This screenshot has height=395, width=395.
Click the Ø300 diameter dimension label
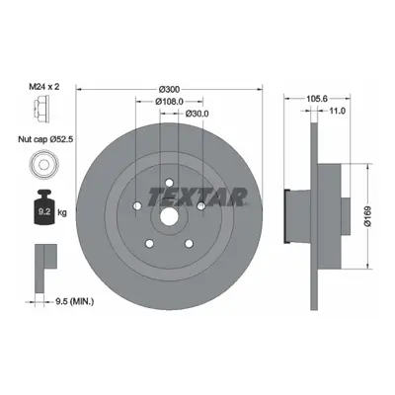[169, 89]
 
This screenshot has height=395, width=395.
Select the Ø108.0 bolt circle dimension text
[169, 102]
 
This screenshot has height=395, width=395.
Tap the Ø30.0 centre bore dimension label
[197, 114]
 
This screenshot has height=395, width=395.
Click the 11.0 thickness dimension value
[337, 112]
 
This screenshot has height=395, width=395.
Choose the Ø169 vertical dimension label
[367, 216]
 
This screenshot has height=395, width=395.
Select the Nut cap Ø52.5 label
[45, 139]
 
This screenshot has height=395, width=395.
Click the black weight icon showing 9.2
[44, 207]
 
